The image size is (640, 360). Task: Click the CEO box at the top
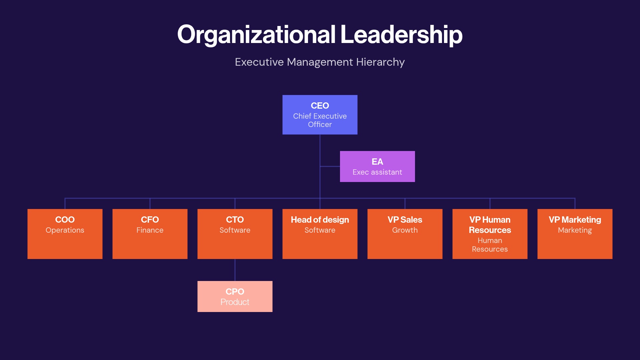(x=320, y=115)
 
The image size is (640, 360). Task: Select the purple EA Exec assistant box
(x=377, y=166)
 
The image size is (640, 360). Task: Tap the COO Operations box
(x=65, y=234)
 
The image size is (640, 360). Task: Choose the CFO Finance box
(x=150, y=234)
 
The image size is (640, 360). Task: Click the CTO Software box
(x=235, y=234)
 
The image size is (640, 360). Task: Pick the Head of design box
(x=320, y=234)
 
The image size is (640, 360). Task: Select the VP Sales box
(x=405, y=234)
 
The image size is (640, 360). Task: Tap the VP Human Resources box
(x=490, y=234)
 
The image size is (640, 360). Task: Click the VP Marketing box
(x=575, y=234)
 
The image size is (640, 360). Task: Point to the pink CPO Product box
(x=235, y=296)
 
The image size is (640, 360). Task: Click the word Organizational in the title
(x=256, y=35)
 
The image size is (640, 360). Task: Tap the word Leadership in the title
(x=401, y=35)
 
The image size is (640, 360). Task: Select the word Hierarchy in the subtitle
(x=380, y=62)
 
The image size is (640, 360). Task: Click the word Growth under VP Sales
(x=405, y=230)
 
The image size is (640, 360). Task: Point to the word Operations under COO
(x=65, y=230)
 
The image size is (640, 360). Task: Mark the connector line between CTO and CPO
(x=235, y=270)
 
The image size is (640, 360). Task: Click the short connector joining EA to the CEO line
(x=330, y=166)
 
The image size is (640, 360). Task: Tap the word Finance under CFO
(x=150, y=230)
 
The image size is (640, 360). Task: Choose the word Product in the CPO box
(x=235, y=302)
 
